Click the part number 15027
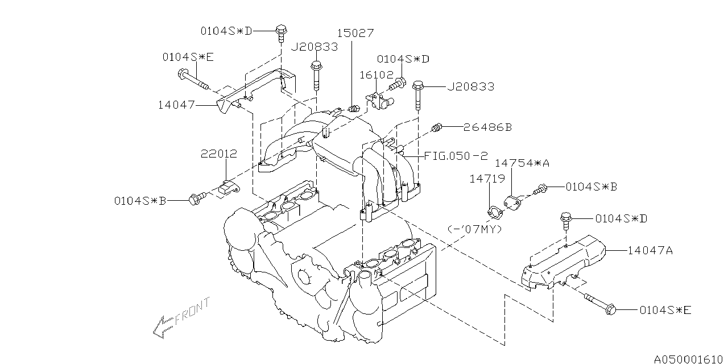(x=355, y=34)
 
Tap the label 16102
(x=373, y=75)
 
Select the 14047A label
(x=651, y=250)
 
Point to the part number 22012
(x=218, y=154)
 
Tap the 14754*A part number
(x=522, y=163)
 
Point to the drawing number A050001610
(x=689, y=359)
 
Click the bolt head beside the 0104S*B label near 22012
(x=196, y=199)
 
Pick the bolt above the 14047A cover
(x=565, y=218)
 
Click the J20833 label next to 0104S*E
(x=314, y=47)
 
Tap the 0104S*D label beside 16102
(x=403, y=59)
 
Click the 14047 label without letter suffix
(x=177, y=105)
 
